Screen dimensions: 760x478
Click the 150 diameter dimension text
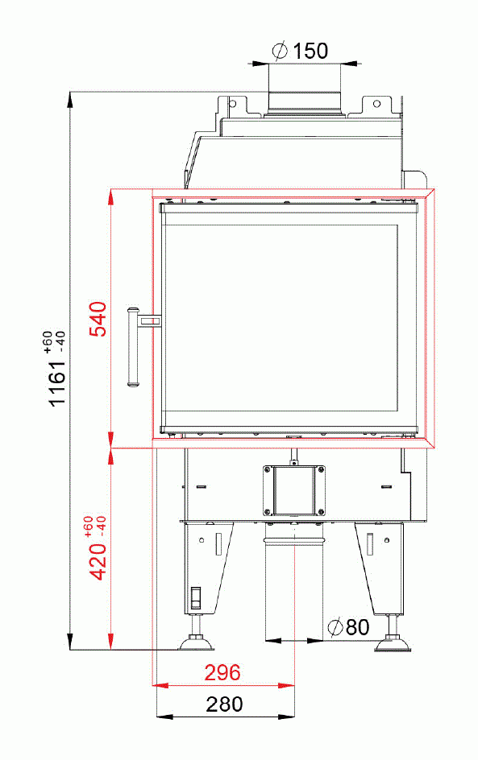310,52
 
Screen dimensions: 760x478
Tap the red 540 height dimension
98,319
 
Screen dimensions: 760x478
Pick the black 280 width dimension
223,704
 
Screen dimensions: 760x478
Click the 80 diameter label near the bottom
357,627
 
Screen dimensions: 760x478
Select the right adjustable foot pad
393,643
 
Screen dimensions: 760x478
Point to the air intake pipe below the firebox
295,580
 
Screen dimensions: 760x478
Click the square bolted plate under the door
294,490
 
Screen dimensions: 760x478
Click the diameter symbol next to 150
281,52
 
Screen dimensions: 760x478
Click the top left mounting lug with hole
232,104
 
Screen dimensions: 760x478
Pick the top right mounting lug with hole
376,104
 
